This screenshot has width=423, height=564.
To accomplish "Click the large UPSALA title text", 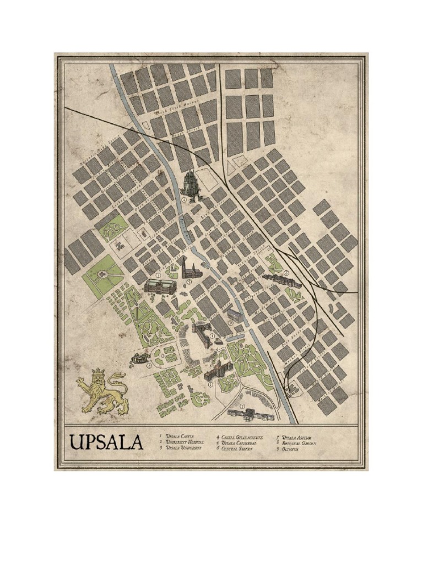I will coord(106,442).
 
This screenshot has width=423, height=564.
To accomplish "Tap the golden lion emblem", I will coord(103,392).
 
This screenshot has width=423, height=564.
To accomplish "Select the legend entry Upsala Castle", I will coord(180,436).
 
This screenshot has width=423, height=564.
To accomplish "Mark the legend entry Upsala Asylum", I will coord(297,436).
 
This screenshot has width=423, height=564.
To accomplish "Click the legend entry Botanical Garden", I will coord(299,442).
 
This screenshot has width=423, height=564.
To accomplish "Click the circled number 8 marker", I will coord(149,365).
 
